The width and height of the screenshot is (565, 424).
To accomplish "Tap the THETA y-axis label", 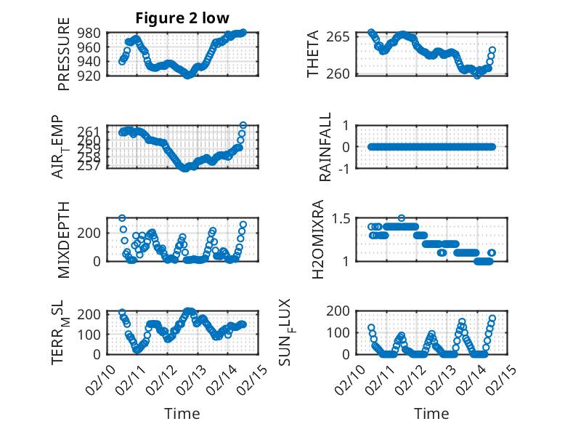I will (x=313, y=55).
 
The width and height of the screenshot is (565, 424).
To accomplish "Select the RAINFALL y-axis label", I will (x=325, y=147).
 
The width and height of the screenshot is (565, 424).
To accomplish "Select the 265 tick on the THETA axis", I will (x=344, y=36).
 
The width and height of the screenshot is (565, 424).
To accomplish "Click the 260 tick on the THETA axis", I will (x=344, y=73).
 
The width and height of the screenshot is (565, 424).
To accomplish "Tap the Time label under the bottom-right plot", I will (x=431, y=414).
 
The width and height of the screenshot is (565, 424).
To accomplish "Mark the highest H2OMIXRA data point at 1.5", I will (x=401, y=217).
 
